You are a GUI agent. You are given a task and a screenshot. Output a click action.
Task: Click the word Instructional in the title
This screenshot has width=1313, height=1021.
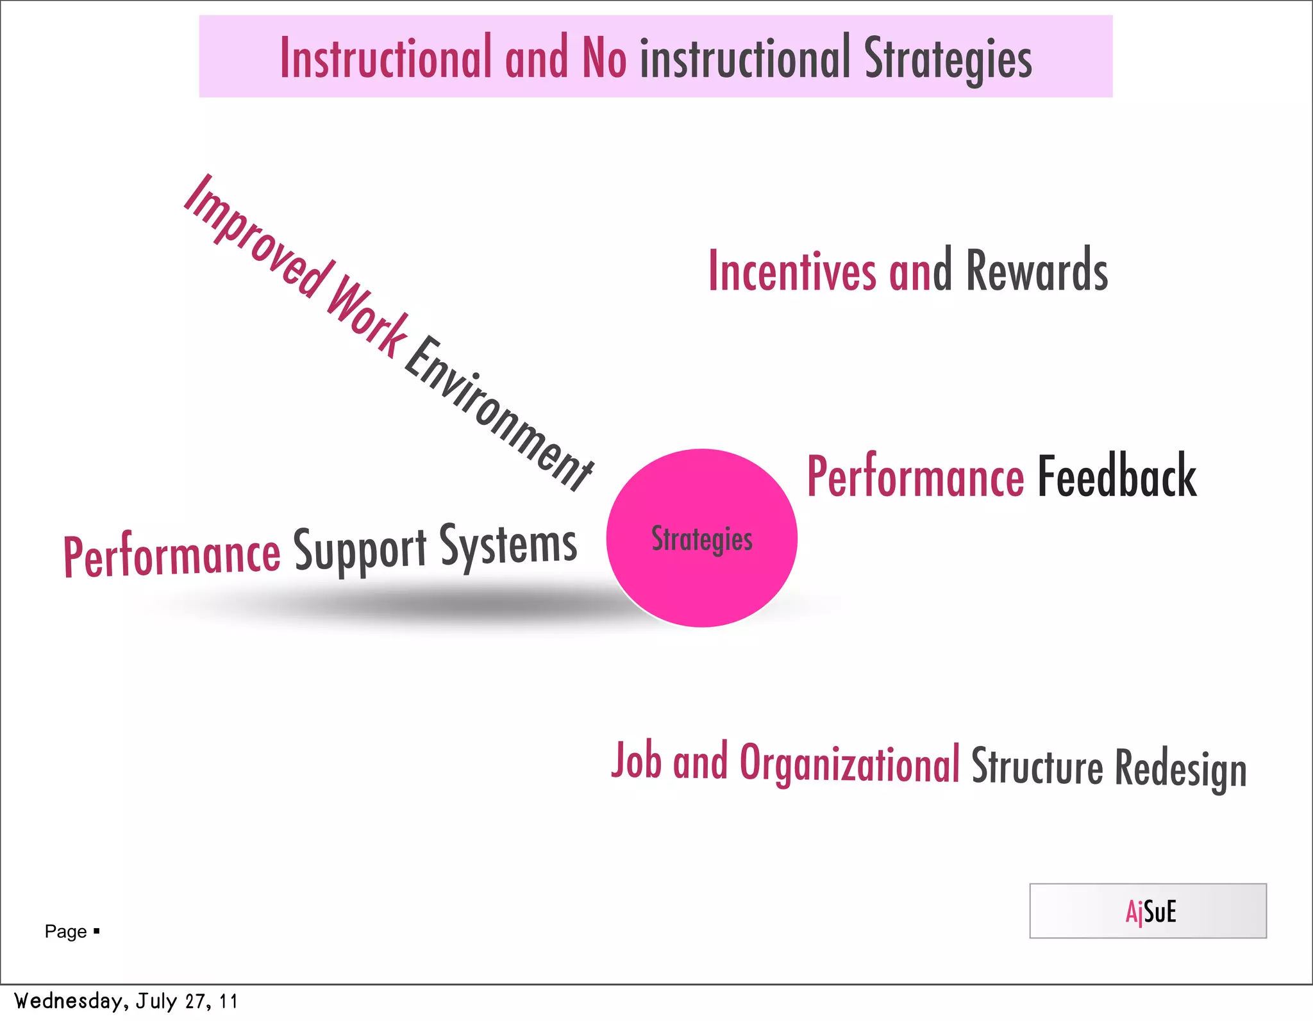[385, 58]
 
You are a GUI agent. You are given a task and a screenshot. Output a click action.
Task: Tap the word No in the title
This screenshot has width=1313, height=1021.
[603, 58]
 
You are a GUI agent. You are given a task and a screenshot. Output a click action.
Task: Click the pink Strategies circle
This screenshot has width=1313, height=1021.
[701, 538]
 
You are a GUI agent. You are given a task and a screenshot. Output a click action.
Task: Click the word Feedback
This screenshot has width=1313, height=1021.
[1116, 477]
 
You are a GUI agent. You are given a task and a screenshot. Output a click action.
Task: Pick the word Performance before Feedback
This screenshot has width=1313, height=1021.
[915, 477]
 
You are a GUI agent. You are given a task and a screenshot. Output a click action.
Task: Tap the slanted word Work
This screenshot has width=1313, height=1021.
[367, 315]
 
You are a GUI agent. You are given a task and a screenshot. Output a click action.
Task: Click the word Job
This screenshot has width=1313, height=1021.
[636, 761]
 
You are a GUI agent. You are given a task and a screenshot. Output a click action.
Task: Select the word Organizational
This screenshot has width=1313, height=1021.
[849, 764]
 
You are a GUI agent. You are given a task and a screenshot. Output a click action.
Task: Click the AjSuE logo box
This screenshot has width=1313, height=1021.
[1147, 911]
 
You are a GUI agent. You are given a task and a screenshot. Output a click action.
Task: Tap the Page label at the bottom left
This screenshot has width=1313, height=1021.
[66, 931]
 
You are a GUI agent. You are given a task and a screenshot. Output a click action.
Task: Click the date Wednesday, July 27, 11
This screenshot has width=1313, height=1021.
[126, 1001]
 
